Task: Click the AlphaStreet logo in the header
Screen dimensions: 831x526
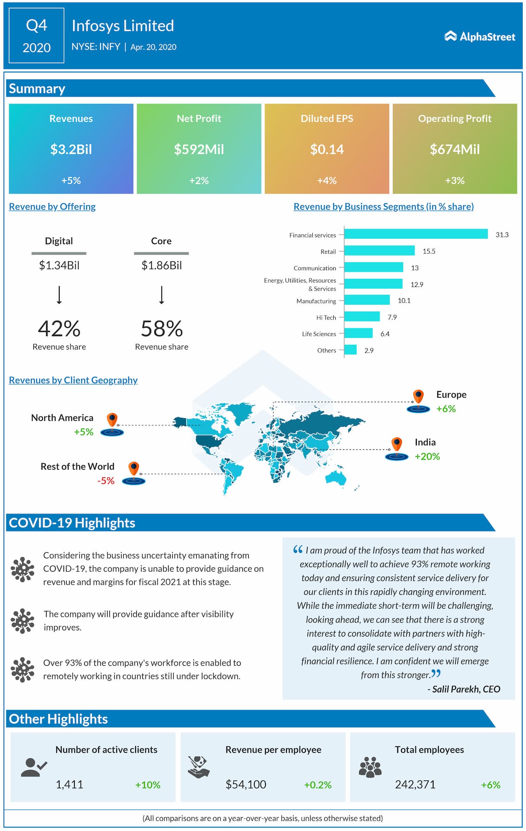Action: (480, 37)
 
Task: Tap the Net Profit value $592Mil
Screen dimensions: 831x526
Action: (199, 149)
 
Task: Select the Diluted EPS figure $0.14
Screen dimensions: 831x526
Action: (327, 149)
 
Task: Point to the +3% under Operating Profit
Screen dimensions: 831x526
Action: (454, 181)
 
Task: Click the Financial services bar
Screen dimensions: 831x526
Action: (415, 234)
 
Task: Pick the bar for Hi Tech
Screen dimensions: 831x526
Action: (362, 317)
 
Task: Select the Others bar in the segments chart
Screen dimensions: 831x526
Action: (351, 350)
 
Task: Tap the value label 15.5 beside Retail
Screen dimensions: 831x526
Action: (429, 251)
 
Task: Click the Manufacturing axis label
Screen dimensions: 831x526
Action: (316, 301)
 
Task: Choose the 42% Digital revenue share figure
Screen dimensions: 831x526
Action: (59, 329)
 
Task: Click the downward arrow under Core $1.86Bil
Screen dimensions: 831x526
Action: (161, 295)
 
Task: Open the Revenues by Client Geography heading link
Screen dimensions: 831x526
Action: (73, 380)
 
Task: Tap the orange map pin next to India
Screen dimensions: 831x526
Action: (397, 444)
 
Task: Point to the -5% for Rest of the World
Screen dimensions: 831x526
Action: (106, 481)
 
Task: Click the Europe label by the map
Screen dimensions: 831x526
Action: (451, 395)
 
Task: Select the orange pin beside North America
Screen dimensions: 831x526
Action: (112, 420)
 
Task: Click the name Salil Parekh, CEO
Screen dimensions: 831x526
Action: (466, 689)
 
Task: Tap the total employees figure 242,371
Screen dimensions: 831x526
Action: (415, 785)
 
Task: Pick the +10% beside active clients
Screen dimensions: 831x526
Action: (148, 785)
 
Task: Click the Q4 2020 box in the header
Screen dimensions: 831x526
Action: (37, 36)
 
